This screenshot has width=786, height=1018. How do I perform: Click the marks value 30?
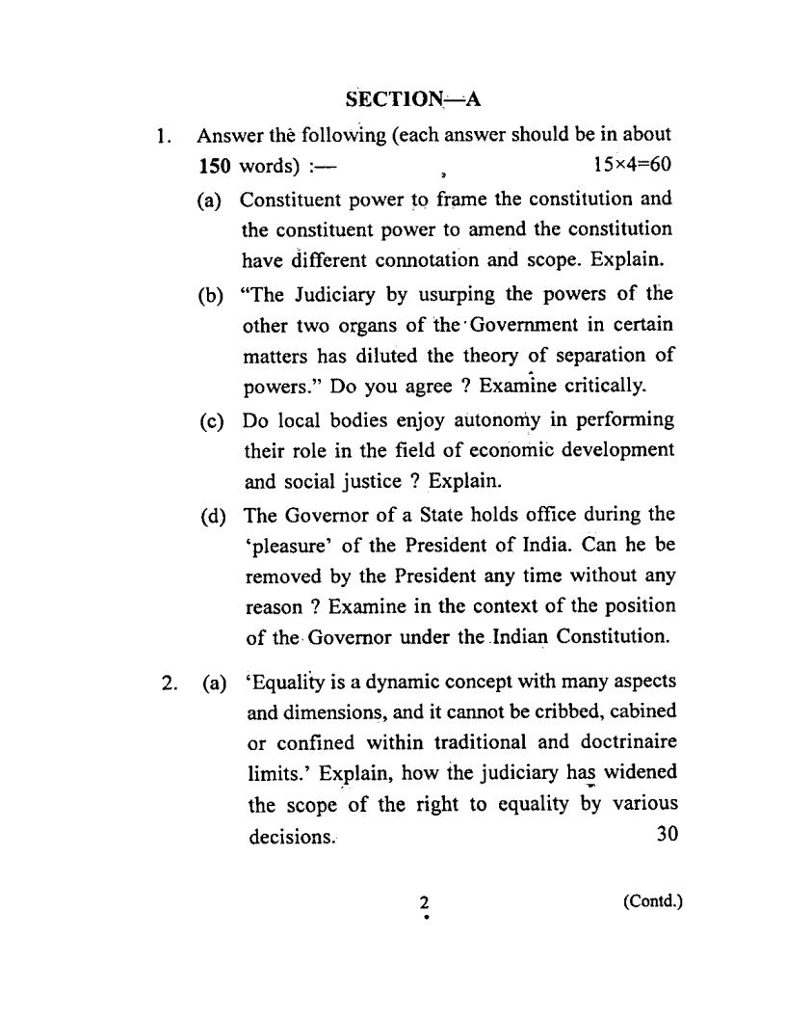pos(667,835)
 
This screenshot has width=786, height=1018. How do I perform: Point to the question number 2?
pos(169,683)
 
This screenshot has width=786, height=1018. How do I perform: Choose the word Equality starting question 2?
pos(287,683)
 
